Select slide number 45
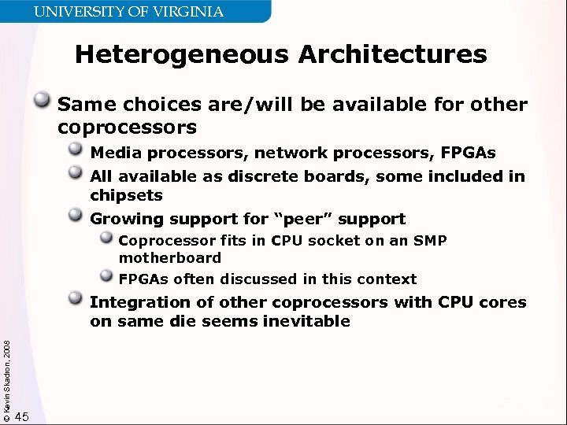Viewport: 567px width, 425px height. [22, 416]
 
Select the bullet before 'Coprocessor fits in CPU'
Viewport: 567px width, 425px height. [106, 239]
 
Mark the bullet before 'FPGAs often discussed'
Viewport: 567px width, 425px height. [106, 276]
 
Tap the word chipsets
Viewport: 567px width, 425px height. [126, 195]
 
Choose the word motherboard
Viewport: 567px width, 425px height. [170, 258]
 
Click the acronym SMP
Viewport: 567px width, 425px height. [429, 241]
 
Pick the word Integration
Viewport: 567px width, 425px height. [140, 302]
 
